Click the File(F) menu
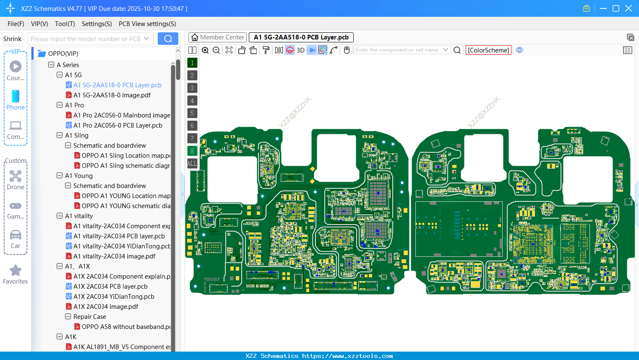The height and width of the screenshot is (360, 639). click(x=16, y=24)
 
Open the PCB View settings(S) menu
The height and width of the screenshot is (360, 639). click(x=147, y=24)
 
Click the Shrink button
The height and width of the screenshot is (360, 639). click(x=12, y=39)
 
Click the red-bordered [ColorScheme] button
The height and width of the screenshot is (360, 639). click(x=488, y=50)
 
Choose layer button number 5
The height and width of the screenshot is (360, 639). click(x=192, y=113)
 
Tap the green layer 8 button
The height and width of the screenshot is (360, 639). click(x=192, y=151)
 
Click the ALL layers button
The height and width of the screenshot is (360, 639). click(x=192, y=163)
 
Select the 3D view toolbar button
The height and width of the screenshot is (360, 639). click(x=300, y=50)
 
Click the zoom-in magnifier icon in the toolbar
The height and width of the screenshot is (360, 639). click(x=205, y=50)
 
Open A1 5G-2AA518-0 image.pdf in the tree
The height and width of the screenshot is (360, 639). click(x=112, y=95)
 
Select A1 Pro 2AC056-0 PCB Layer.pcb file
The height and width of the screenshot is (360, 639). click(x=117, y=125)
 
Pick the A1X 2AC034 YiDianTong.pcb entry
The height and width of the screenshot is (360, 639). click(x=114, y=297)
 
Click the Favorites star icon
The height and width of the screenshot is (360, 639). click(x=16, y=271)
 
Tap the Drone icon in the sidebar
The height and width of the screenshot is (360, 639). click(x=16, y=176)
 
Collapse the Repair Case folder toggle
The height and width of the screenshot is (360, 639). click(x=68, y=317)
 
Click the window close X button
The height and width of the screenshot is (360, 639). click(x=629, y=8)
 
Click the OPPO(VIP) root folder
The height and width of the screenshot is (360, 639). click(x=63, y=53)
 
